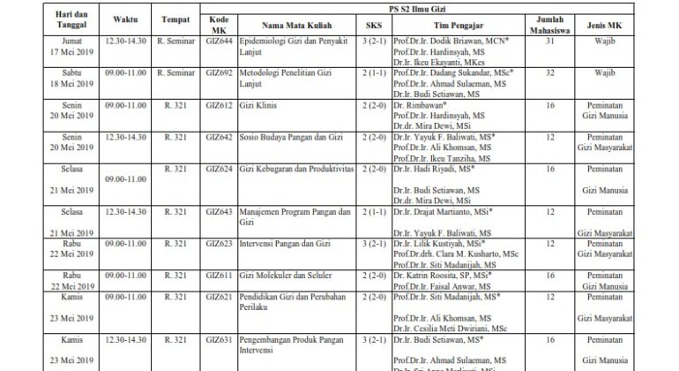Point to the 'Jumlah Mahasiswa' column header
point(548,25)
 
